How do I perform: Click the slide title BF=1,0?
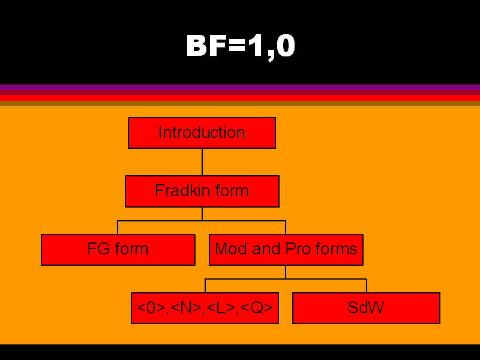click(x=241, y=46)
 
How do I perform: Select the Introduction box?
click(x=202, y=133)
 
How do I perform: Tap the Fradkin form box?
click(x=202, y=191)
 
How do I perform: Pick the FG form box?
click(x=118, y=250)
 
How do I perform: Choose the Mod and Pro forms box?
click(x=286, y=250)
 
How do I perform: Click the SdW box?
click(x=366, y=308)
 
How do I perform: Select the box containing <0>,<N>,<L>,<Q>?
click(x=205, y=308)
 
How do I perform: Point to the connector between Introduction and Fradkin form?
click(x=202, y=162)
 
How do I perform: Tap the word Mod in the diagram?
click(x=232, y=248)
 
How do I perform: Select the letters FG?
click(x=98, y=248)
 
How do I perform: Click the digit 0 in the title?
click(x=285, y=46)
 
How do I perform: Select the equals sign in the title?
click(x=236, y=46)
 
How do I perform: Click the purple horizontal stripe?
click(x=240, y=87)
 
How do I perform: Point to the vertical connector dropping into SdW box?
click(x=367, y=286)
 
